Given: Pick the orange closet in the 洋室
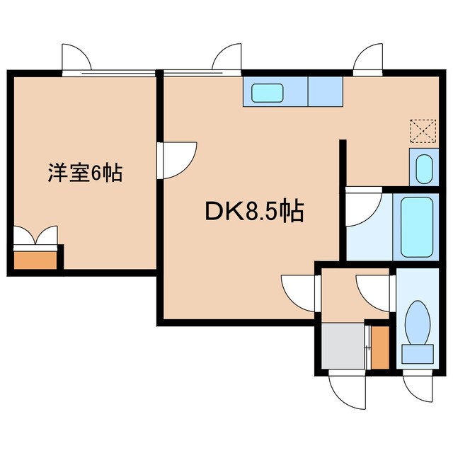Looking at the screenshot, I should pyautogui.click(x=35, y=259).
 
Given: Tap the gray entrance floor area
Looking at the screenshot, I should pyautogui.click(x=343, y=346).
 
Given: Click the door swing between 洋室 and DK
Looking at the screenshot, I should pyautogui.click(x=178, y=159).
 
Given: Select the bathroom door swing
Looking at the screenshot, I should pyautogui.click(x=362, y=206).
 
